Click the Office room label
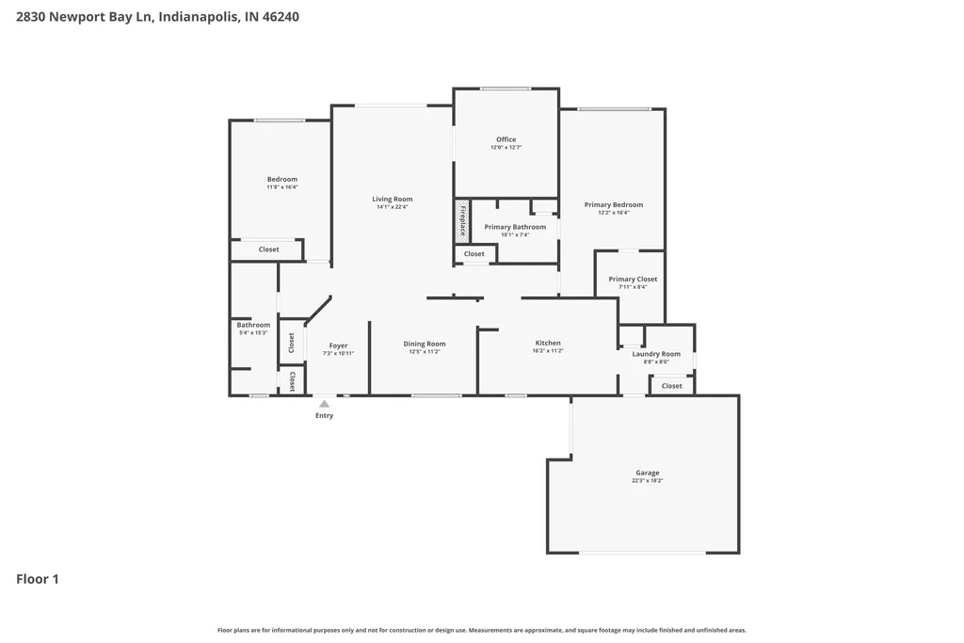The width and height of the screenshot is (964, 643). point(506,139)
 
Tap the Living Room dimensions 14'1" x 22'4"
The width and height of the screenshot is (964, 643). point(393,207)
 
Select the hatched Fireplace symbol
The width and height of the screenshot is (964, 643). point(462,220)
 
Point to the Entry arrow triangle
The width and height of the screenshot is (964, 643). point(324,404)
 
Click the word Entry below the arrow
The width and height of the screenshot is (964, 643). point(324,415)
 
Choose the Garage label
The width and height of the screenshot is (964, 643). point(648,473)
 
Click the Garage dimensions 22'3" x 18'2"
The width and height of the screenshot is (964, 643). point(648,481)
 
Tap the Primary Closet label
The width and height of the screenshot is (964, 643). point(633,279)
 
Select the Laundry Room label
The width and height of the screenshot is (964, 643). point(656,354)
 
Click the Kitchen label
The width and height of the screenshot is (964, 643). point(548,343)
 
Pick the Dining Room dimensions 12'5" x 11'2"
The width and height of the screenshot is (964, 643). point(425,351)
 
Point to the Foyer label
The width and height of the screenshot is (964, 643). point(338,346)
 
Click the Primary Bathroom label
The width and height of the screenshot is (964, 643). point(515,227)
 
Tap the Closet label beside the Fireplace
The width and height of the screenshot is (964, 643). point(474,254)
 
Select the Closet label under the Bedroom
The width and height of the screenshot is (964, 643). point(268,249)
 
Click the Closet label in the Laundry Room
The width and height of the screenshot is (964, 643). point(671,386)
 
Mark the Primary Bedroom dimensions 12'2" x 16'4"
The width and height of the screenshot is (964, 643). point(614,213)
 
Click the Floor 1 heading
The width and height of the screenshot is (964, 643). point(38,579)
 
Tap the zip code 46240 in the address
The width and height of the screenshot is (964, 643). point(281,17)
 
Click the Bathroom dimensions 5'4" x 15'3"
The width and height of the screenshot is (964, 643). point(253,332)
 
